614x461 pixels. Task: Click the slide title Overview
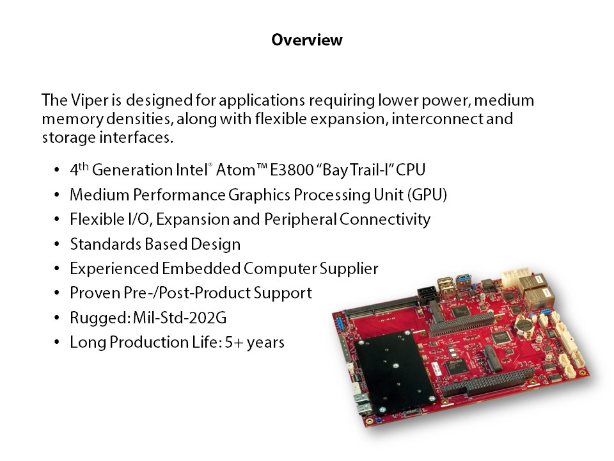click(307, 40)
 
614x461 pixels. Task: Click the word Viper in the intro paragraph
click(90, 100)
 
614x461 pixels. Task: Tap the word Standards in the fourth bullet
click(106, 244)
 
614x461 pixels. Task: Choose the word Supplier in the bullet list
click(349, 269)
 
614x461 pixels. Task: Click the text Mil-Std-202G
click(180, 318)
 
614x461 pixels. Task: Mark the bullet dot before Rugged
click(57, 318)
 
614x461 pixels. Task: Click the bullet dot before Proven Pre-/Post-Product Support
click(57, 293)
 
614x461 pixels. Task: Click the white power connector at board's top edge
click(516, 277)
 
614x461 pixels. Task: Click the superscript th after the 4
click(83, 166)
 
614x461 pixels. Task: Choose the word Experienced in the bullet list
click(114, 269)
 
